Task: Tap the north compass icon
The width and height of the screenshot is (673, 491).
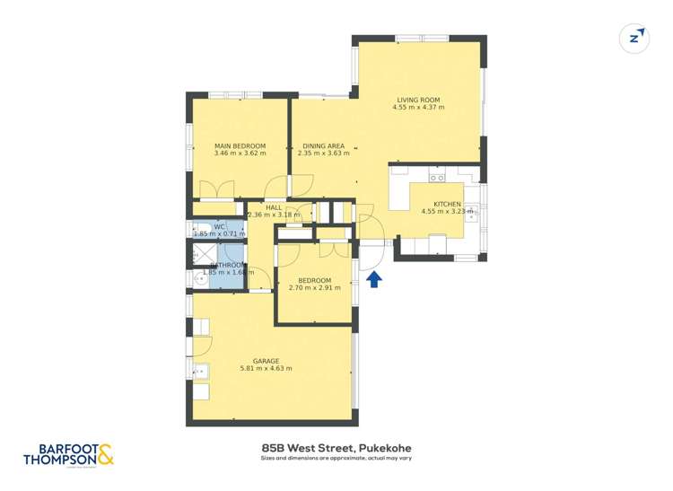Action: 635,38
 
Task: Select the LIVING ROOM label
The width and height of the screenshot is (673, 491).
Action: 418,100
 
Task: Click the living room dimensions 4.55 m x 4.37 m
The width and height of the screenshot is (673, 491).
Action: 418,108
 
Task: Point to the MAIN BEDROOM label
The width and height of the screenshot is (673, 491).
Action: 240,145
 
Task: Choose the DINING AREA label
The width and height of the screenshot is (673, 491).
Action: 323,145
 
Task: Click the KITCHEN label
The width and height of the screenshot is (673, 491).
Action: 446,205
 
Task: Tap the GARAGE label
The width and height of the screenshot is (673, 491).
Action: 266,361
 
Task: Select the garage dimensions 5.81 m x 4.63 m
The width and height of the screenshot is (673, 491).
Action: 266,369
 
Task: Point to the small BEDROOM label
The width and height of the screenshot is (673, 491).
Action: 315,280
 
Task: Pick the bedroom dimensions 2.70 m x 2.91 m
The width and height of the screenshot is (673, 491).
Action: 315,288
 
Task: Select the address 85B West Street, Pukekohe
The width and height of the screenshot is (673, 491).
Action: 336,446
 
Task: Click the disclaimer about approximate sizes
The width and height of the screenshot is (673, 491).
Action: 336,458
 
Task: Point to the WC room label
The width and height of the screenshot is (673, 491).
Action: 219,227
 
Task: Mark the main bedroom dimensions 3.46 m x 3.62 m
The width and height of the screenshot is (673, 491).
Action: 240,153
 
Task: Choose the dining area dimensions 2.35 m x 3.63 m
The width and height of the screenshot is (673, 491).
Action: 323,153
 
